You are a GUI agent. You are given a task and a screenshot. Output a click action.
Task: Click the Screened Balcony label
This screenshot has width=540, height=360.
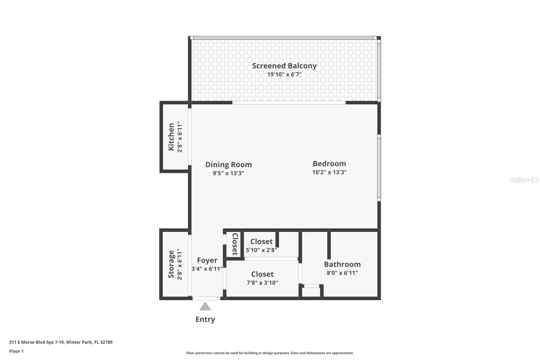point(284,66)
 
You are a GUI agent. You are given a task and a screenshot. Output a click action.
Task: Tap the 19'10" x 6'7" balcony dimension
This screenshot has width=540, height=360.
point(284,74)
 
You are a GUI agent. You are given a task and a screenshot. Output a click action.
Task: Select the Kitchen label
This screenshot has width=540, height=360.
point(171,137)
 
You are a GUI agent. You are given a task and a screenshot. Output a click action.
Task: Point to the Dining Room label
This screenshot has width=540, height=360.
point(228,164)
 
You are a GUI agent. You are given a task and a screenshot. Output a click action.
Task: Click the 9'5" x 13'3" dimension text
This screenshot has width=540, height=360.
point(228,173)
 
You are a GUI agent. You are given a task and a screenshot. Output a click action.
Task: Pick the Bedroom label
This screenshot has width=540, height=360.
point(329,163)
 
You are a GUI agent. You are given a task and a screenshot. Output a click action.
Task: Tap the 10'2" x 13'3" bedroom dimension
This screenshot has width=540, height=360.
point(329,172)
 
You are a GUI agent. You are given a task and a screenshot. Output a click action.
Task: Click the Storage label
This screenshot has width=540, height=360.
point(171,264)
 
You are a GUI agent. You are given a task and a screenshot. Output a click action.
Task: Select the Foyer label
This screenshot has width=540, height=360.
point(207,260)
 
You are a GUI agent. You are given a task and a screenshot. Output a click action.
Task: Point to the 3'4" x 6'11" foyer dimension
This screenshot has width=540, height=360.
point(207,269)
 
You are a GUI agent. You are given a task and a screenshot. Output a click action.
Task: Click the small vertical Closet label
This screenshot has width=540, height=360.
point(235,244)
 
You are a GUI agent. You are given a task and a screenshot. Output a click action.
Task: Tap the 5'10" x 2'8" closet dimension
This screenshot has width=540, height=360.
point(262,250)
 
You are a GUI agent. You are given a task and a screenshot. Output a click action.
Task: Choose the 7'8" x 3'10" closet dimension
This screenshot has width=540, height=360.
point(262,283)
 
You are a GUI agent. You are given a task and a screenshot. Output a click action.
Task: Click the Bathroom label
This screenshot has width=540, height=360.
point(342,264)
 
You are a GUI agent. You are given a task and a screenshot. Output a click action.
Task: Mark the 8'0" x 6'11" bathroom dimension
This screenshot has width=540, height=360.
point(342,273)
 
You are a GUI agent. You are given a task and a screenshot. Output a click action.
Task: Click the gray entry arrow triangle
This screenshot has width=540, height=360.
point(205,307)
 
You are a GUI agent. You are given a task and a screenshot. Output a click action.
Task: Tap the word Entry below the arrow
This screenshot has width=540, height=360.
point(205,319)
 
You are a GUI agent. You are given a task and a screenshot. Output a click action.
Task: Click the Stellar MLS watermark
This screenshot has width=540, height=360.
point(524,180)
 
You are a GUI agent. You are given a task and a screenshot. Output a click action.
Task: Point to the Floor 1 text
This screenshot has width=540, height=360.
point(16,351)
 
